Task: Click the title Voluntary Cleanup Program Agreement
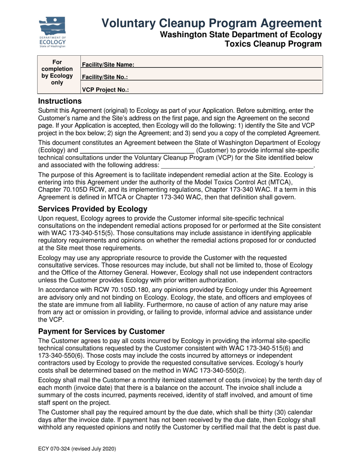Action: [211, 23]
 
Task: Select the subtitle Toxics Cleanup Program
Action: [273, 44]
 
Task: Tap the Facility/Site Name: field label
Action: [108, 65]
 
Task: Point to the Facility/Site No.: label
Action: [105, 77]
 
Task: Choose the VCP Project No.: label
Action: [105, 90]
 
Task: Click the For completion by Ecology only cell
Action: [57, 72]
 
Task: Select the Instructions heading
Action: [60, 101]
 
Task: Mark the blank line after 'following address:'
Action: [237, 166]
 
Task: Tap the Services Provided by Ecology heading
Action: [92, 209]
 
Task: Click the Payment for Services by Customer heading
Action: [101, 331]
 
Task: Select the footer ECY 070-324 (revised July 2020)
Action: [77, 449]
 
